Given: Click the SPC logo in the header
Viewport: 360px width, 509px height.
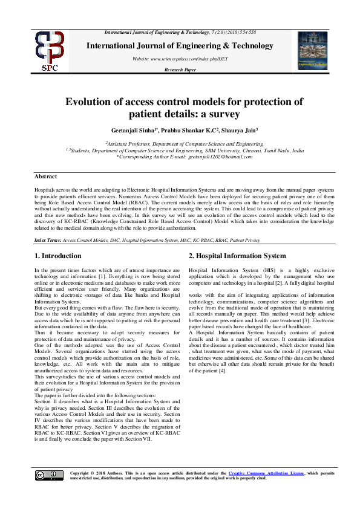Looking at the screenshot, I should (50, 51).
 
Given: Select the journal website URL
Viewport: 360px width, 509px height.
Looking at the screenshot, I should (192, 58).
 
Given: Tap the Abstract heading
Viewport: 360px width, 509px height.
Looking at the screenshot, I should (46, 177).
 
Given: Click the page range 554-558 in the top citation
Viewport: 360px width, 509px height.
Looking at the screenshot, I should (245, 31).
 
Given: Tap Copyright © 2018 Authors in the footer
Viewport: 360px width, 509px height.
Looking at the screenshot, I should (95, 473).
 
